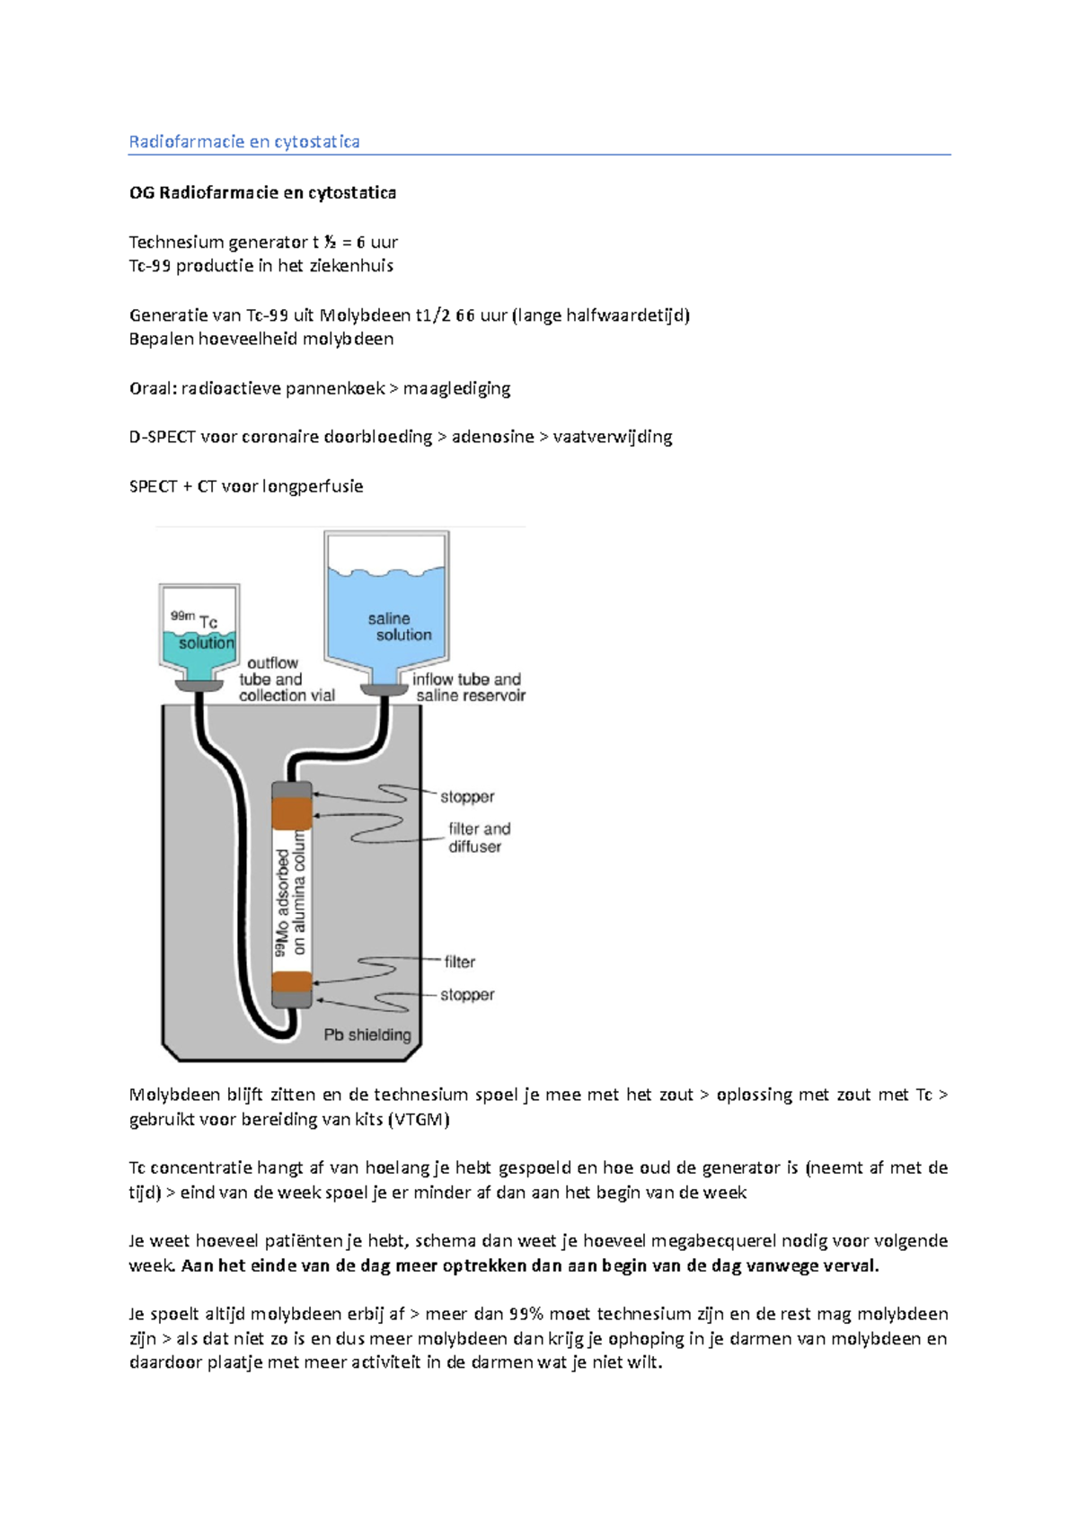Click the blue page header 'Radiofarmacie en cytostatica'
(x=244, y=142)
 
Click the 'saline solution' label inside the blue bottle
(x=399, y=626)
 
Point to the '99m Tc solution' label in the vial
(x=202, y=630)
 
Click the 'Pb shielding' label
(x=367, y=1034)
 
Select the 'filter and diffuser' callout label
(x=480, y=838)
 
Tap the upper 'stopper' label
(x=467, y=796)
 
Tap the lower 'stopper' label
(x=467, y=995)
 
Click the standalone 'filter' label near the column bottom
(x=460, y=962)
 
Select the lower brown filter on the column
(x=292, y=982)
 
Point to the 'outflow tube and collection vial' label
(x=287, y=679)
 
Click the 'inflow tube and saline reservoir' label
(x=469, y=688)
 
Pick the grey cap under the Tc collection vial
(x=199, y=686)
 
